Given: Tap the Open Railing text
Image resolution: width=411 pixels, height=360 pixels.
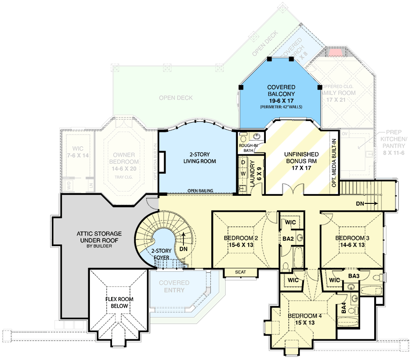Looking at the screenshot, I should click(x=200, y=191).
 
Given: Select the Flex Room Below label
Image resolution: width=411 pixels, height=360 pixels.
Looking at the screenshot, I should click(x=119, y=302).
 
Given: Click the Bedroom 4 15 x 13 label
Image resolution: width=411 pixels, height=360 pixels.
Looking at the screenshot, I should click(x=304, y=319).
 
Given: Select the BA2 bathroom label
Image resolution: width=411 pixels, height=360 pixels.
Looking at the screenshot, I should click(x=288, y=239).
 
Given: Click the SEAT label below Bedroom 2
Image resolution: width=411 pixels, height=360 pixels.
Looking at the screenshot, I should click(x=241, y=272).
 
